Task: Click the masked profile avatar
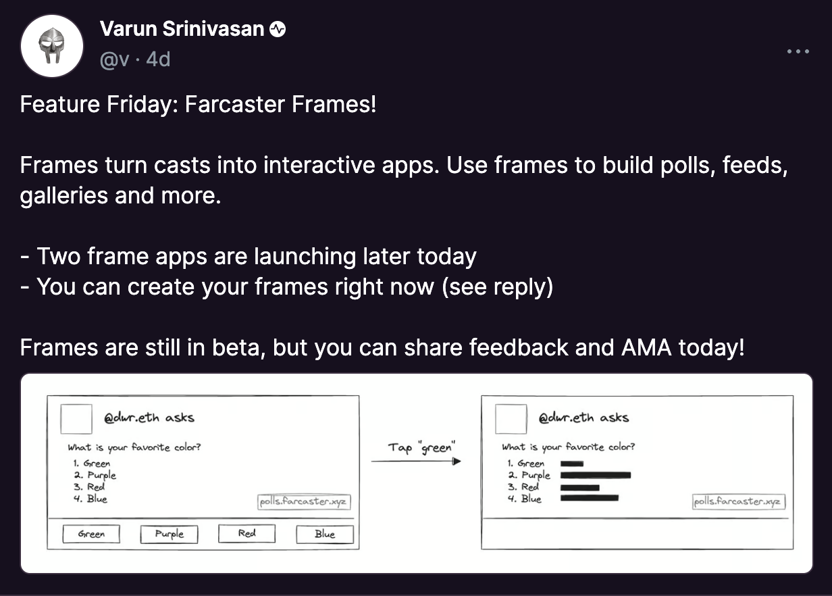click(51, 46)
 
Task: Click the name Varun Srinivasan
click(182, 29)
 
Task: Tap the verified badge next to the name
click(278, 29)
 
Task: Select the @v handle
click(114, 59)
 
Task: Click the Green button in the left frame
click(91, 534)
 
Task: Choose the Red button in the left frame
click(247, 534)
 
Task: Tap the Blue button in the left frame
click(325, 534)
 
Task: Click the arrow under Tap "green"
click(416, 462)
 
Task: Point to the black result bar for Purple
click(596, 475)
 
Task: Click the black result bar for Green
click(571, 464)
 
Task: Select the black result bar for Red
click(579, 487)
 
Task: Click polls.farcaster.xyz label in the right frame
click(738, 502)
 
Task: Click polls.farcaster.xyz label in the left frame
click(305, 502)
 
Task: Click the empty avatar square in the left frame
click(76, 419)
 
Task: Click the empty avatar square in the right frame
click(511, 419)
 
